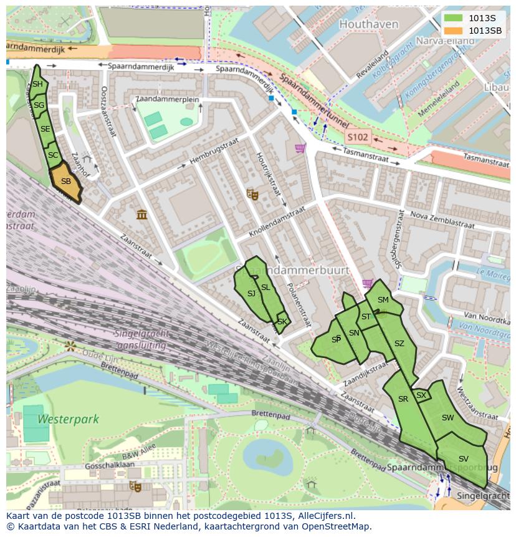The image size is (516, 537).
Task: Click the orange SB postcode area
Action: tap(65, 182)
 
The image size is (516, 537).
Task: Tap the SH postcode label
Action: tap(37, 84)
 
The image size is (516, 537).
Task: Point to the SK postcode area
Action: tap(282, 322)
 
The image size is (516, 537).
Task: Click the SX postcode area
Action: tap(421, 395)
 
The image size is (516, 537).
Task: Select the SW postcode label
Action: tap(447, 418)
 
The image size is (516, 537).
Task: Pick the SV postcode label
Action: tap(463, 459)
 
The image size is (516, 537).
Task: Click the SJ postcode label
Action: tap(251, 294)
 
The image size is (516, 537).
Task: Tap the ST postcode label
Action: tap(366, 317)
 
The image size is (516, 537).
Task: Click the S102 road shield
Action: tap(358, 137)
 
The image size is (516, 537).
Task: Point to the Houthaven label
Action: tap(360, 24)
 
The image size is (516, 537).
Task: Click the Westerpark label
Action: tap(68, 419)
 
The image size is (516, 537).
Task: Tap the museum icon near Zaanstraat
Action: tap(142, 215)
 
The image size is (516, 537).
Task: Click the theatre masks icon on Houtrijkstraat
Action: tap(252, 194)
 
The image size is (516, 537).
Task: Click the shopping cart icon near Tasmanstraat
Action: tap(300, 148)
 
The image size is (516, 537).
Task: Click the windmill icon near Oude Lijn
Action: tap(70, 345)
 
